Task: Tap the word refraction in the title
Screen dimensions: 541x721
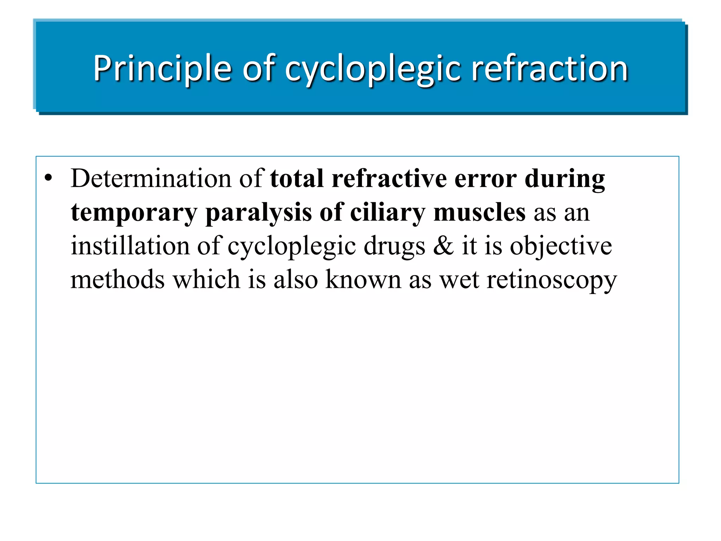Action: pos(550,68)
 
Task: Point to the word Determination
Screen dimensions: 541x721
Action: pos(151,178)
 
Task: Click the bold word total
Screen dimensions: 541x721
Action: pos(297,178)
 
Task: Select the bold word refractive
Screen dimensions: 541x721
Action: pos(389,178)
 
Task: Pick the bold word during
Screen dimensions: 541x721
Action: pos(565,179)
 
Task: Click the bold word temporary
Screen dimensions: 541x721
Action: pos(134,213)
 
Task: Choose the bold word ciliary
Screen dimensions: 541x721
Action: pos(388,213)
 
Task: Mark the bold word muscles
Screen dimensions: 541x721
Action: pos(479,212)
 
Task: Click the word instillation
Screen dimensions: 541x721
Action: pos(130,245)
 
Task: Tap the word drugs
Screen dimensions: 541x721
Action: pos(394,246)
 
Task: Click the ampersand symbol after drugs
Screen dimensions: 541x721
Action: pos(443,245)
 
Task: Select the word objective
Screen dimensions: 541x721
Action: pos(561,246)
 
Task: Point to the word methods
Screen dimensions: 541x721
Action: pos(118,279)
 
